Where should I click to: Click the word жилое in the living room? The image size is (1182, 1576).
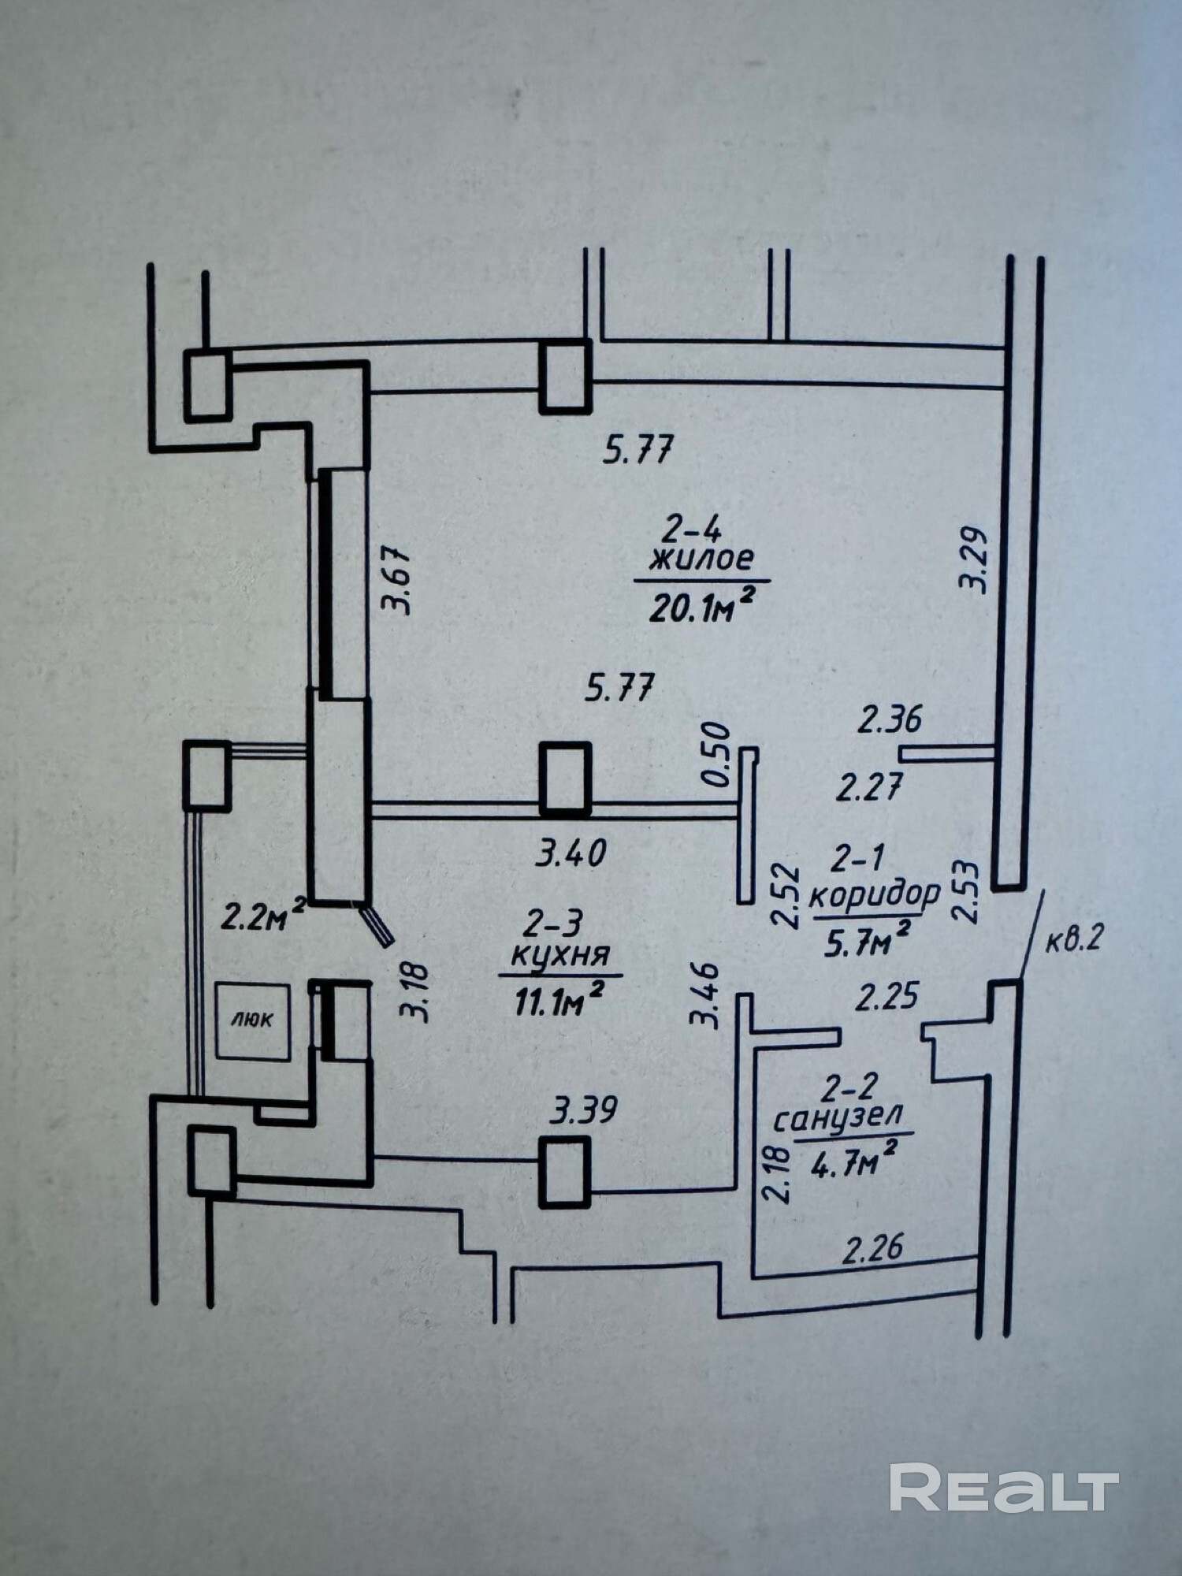(701, 559)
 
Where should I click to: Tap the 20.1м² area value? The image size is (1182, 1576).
(698, 606)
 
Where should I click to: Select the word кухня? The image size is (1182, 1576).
(560, 956)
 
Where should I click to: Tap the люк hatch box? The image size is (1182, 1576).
(253, 1021)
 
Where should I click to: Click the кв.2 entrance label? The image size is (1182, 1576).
(1075, 941)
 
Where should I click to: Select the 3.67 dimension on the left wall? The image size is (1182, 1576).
(396, 581)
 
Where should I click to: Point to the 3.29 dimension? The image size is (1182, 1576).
(974, 560)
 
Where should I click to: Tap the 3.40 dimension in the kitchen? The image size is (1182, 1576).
(571, 854)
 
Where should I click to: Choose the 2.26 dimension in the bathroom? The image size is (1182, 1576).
(872, 1250)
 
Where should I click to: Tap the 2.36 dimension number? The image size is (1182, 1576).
(890, 719)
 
